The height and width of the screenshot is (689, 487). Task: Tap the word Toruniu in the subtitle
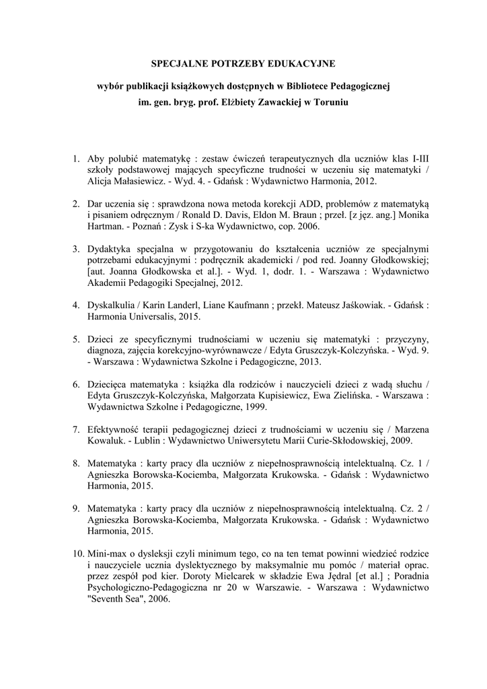click(x=332, y=104)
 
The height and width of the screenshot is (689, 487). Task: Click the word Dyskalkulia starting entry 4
click(x=112, y=304)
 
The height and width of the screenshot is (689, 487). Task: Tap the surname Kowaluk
click(x=108, y=441)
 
